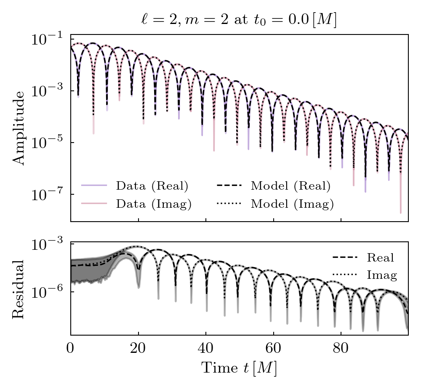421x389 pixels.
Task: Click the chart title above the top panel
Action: pyautogui.click(x=239, y=20)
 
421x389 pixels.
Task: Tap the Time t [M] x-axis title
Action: pyautogui.click(x=239, y=368)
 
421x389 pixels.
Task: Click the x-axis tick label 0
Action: pyautogui.click(x=71, y=349)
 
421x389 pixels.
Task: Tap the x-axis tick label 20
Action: pyautogui.click(x=138, y=349)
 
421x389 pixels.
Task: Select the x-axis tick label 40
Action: pyautogui.click(x=206, y=349)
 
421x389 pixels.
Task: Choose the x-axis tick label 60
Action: pyautogui.click(x=273, y=349)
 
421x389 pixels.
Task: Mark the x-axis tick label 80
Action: pyautogui.click(x=341, y=349)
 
